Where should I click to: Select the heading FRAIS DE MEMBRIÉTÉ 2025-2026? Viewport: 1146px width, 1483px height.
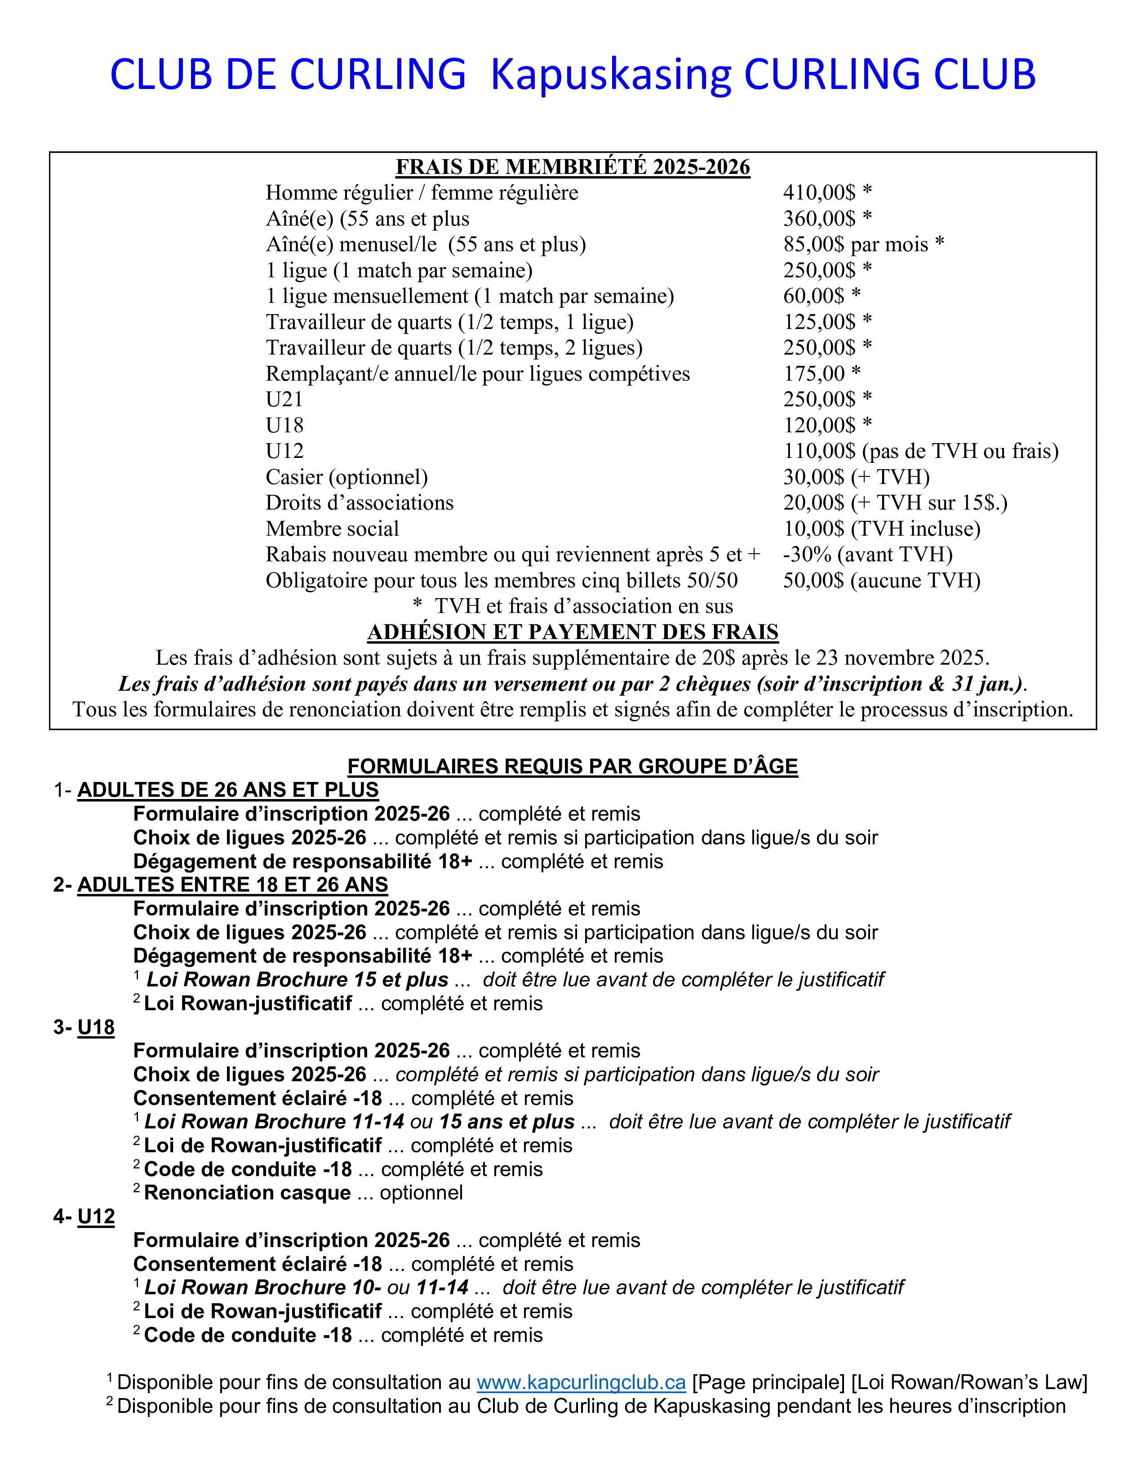tap(572, 167)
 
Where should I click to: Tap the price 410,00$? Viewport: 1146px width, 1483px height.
tap(819, 193)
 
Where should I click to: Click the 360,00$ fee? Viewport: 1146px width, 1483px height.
tap(819, 219)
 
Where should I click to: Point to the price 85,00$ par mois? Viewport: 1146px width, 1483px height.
tap(855, 244)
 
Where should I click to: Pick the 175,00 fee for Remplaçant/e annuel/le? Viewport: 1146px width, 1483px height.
tap(814, 373)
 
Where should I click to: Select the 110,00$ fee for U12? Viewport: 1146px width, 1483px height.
tap(819, 451)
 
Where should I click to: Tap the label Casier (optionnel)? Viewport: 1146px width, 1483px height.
tap(346, 477)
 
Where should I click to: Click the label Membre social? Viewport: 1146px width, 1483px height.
tap(332, 528)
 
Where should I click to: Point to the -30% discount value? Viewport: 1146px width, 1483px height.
tap(807, 554)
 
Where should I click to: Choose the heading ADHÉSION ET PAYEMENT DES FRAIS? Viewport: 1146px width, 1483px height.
tap(572, 632)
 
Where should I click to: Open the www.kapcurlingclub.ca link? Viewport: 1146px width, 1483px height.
tap(581, 1382)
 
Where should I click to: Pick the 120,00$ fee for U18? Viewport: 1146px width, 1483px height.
tap(819, 425)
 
